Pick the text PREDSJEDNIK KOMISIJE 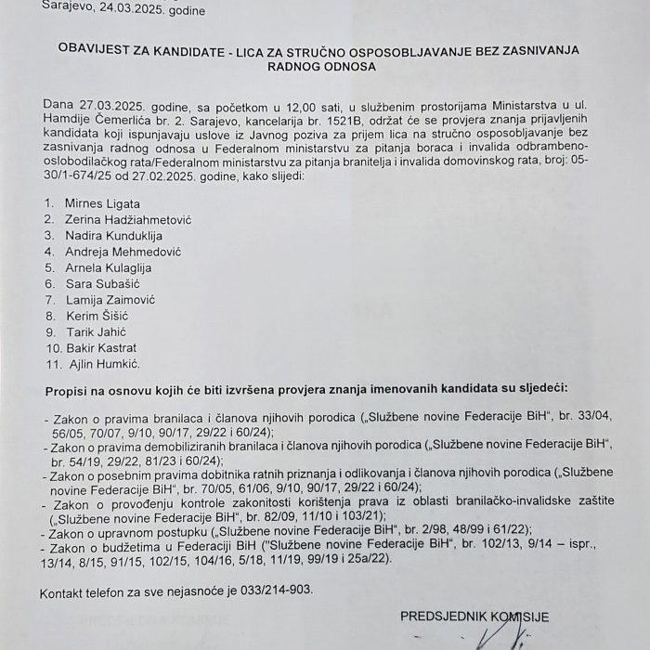(475, 615)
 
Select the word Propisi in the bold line (65, 386)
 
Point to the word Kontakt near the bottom (63, 591)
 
